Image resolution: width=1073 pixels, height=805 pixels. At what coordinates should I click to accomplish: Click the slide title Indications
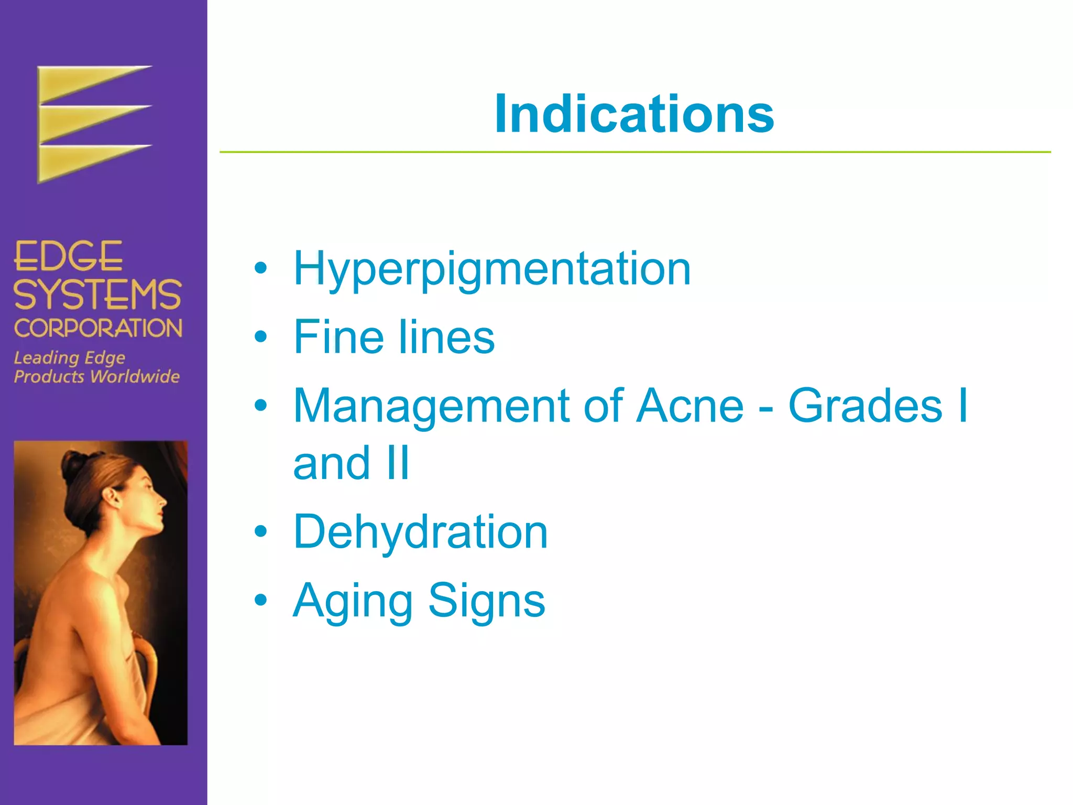point(634,114)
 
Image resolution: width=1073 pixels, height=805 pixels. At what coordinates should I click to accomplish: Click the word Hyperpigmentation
point(492,269)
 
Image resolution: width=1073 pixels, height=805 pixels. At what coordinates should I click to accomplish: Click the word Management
point(431,407)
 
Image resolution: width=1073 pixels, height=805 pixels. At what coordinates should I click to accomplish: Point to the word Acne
point(689,406)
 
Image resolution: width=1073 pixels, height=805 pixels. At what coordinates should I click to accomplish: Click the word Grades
point(865,406)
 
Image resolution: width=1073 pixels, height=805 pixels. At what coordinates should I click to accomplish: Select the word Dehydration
point(420,531)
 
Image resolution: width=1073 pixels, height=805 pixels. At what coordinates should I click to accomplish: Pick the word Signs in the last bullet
point(487,601)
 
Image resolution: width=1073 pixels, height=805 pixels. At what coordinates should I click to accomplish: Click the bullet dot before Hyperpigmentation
point(260,269)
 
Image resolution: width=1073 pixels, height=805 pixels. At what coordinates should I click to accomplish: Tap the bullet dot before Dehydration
point(260,532)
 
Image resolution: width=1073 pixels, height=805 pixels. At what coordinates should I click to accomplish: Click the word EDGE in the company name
point(68,257)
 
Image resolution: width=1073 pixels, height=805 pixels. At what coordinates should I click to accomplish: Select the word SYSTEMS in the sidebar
point(97,295)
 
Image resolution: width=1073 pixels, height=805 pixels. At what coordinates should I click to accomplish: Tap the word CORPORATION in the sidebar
point(98,329)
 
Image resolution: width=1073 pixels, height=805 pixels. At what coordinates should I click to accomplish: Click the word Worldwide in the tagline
point(135,376)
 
